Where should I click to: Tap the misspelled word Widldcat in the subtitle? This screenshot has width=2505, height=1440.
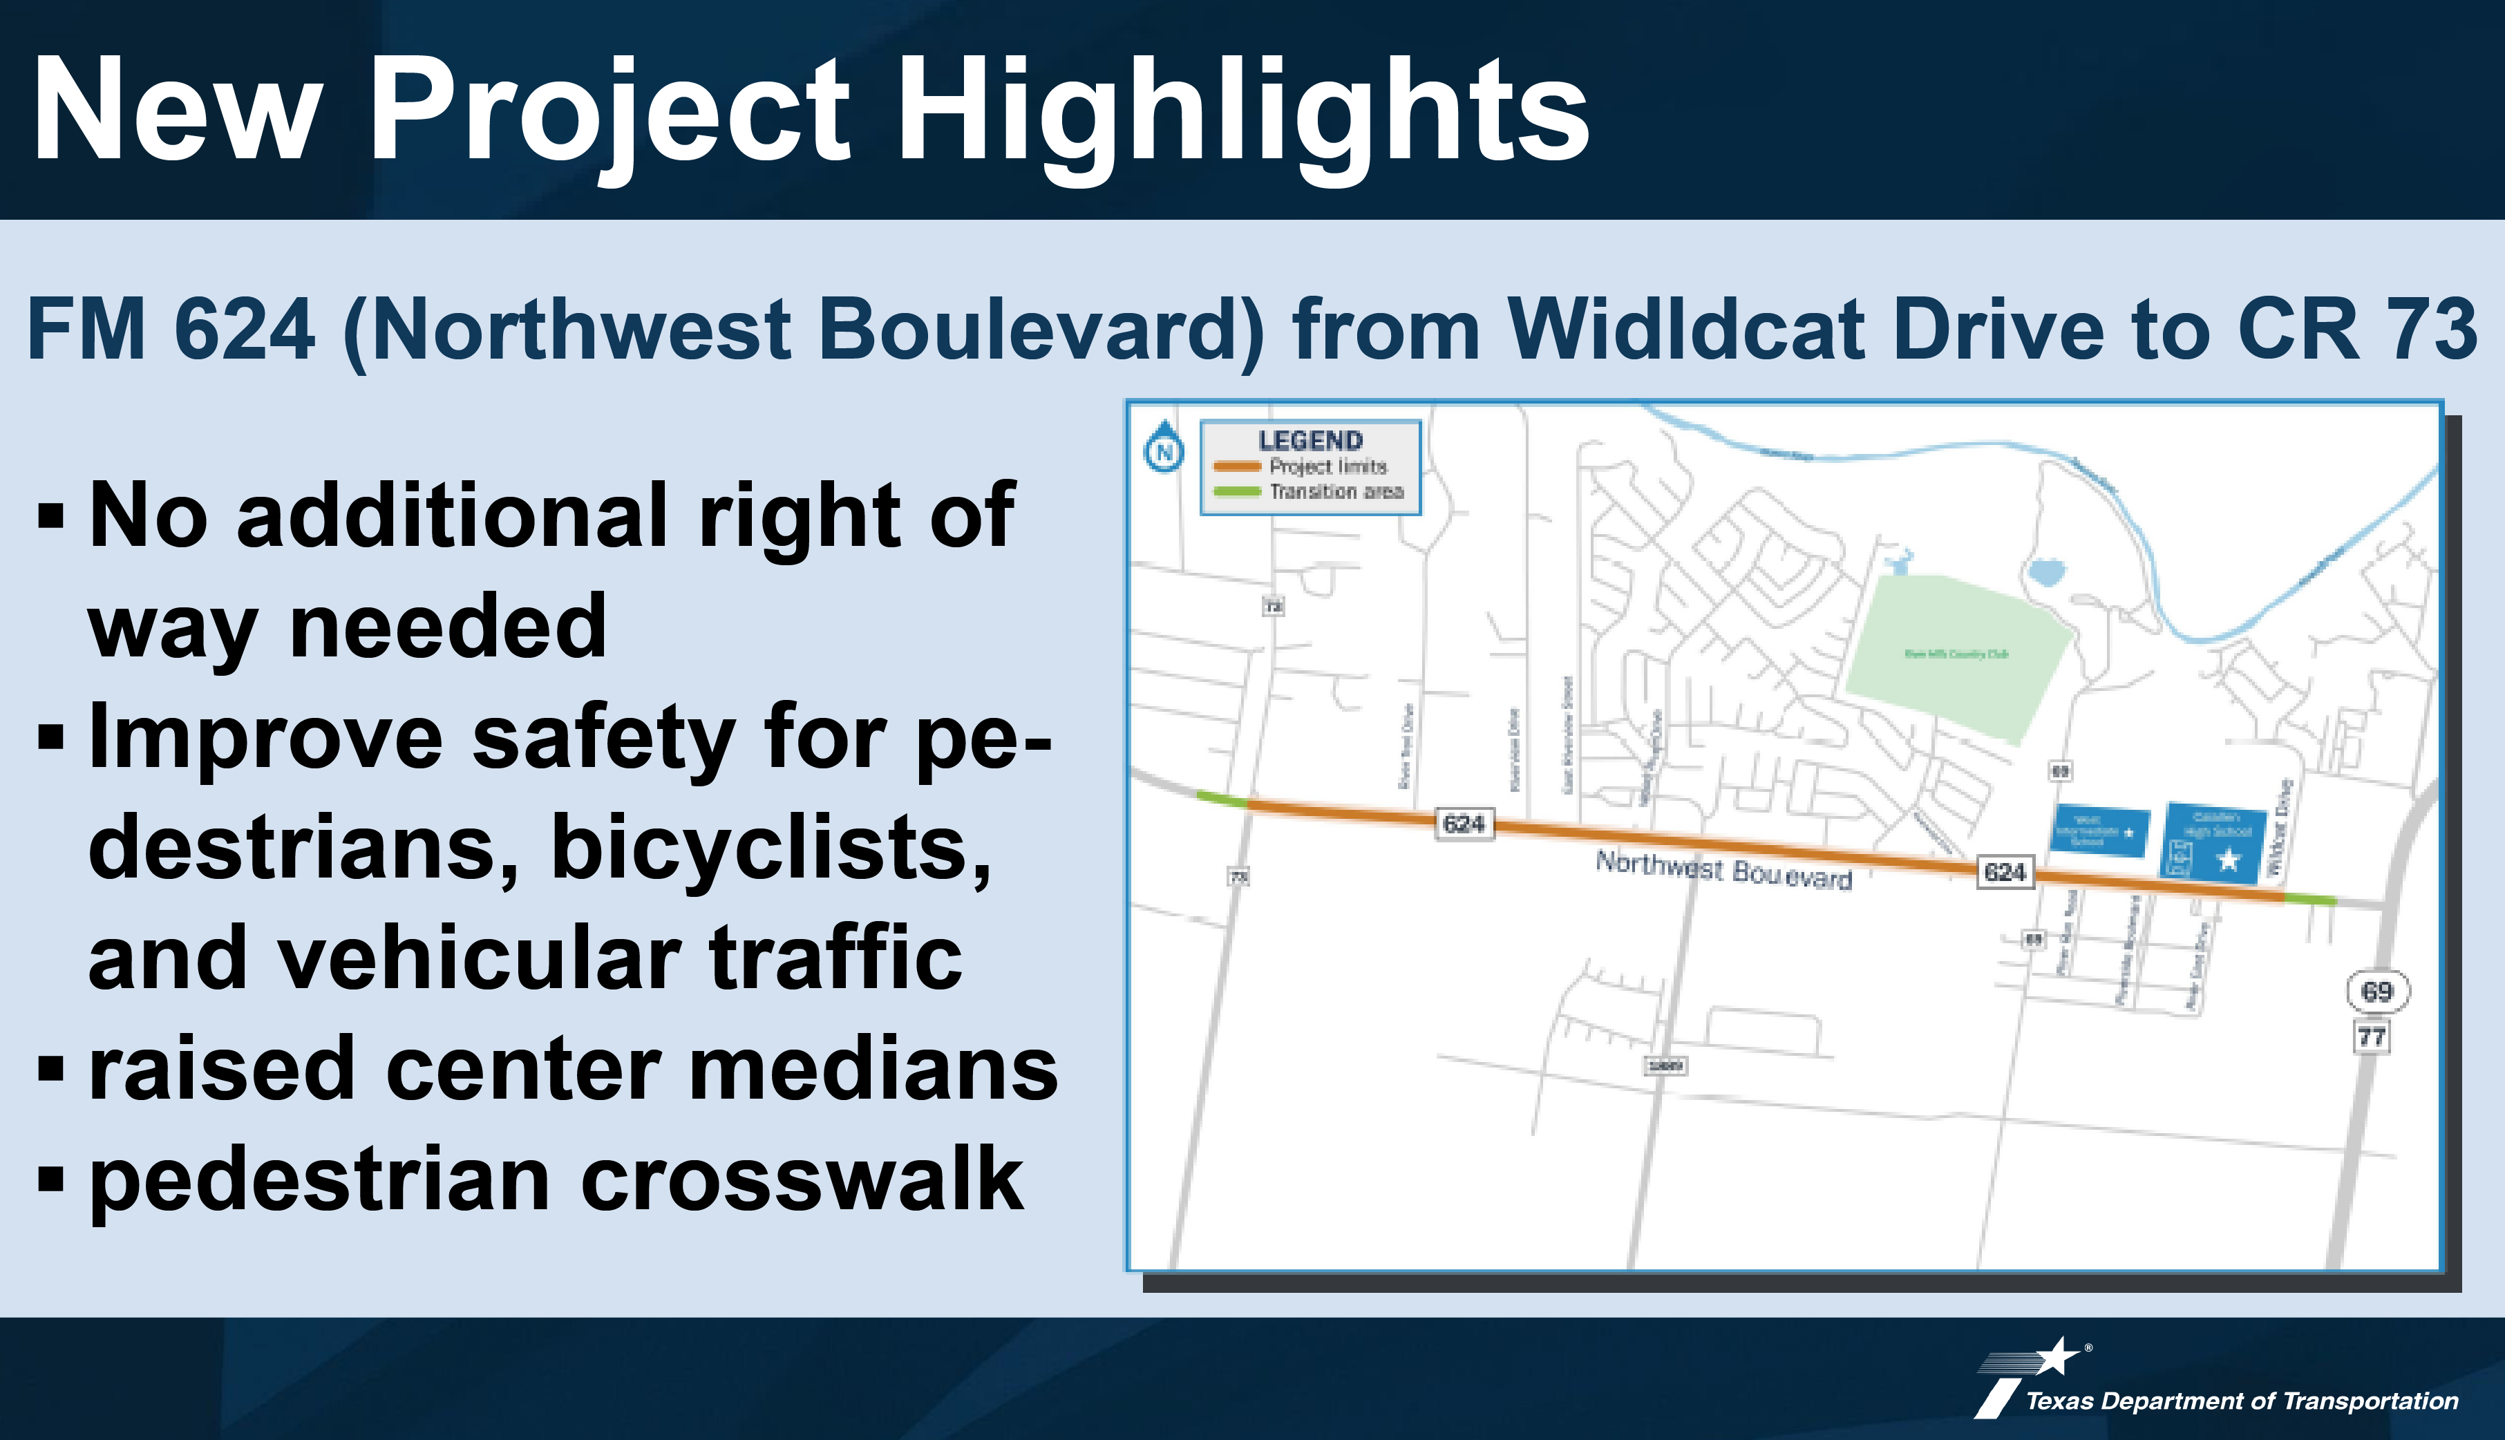coord(1686,330)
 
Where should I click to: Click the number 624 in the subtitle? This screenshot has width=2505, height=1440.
coord(244,330)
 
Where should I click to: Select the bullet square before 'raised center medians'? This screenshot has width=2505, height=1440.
coord(50,1069)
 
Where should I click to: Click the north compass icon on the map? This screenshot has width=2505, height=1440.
coord(1164,450)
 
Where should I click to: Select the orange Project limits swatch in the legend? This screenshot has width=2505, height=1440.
coord(1236,466)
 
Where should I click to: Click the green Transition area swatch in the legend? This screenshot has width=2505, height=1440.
coord(1236,491)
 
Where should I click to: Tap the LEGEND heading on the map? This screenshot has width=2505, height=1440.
coord(1310,440)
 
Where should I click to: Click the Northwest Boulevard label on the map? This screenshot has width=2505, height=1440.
coord(1723,871)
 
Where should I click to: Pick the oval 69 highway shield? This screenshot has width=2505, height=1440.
coord(2376,991)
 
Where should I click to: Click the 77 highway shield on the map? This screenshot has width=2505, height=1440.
coord(2372,1036)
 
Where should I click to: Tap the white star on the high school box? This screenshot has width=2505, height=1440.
coord(2227,860)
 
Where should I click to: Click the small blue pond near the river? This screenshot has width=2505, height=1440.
coord(2045,571)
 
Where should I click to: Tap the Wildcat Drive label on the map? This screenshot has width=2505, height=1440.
coord(2278,828)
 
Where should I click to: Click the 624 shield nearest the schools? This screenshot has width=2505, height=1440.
coord(2005,871)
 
